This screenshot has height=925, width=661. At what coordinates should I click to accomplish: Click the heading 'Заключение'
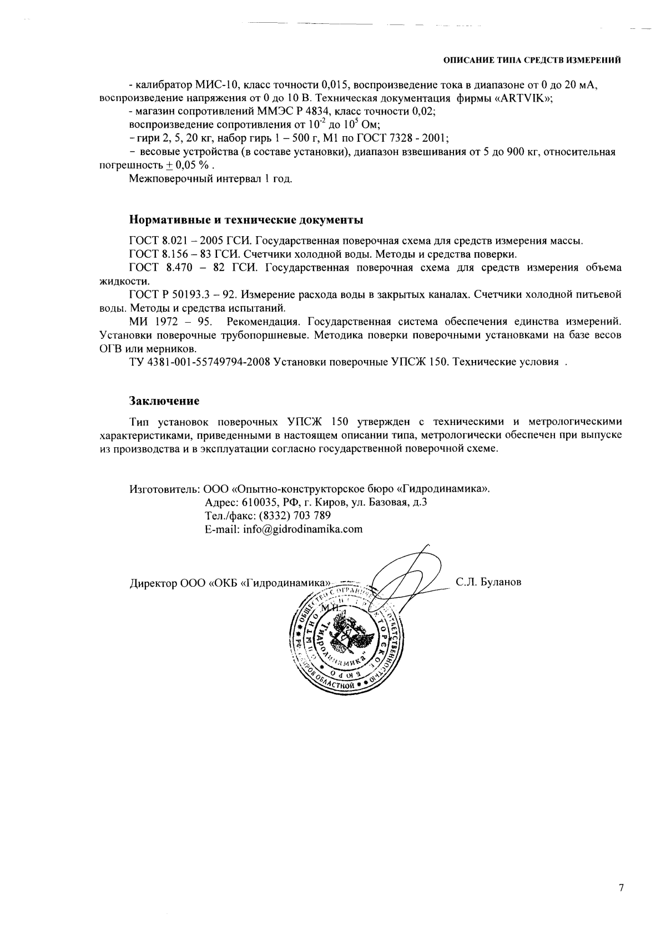[x=164, y=400]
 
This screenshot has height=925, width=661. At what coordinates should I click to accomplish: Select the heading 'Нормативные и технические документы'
[x=246, y=219]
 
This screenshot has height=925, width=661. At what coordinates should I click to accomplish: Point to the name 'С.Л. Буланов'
[x=488, y=582]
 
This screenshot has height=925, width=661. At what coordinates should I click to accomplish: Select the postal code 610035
[x=260, y=502]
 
